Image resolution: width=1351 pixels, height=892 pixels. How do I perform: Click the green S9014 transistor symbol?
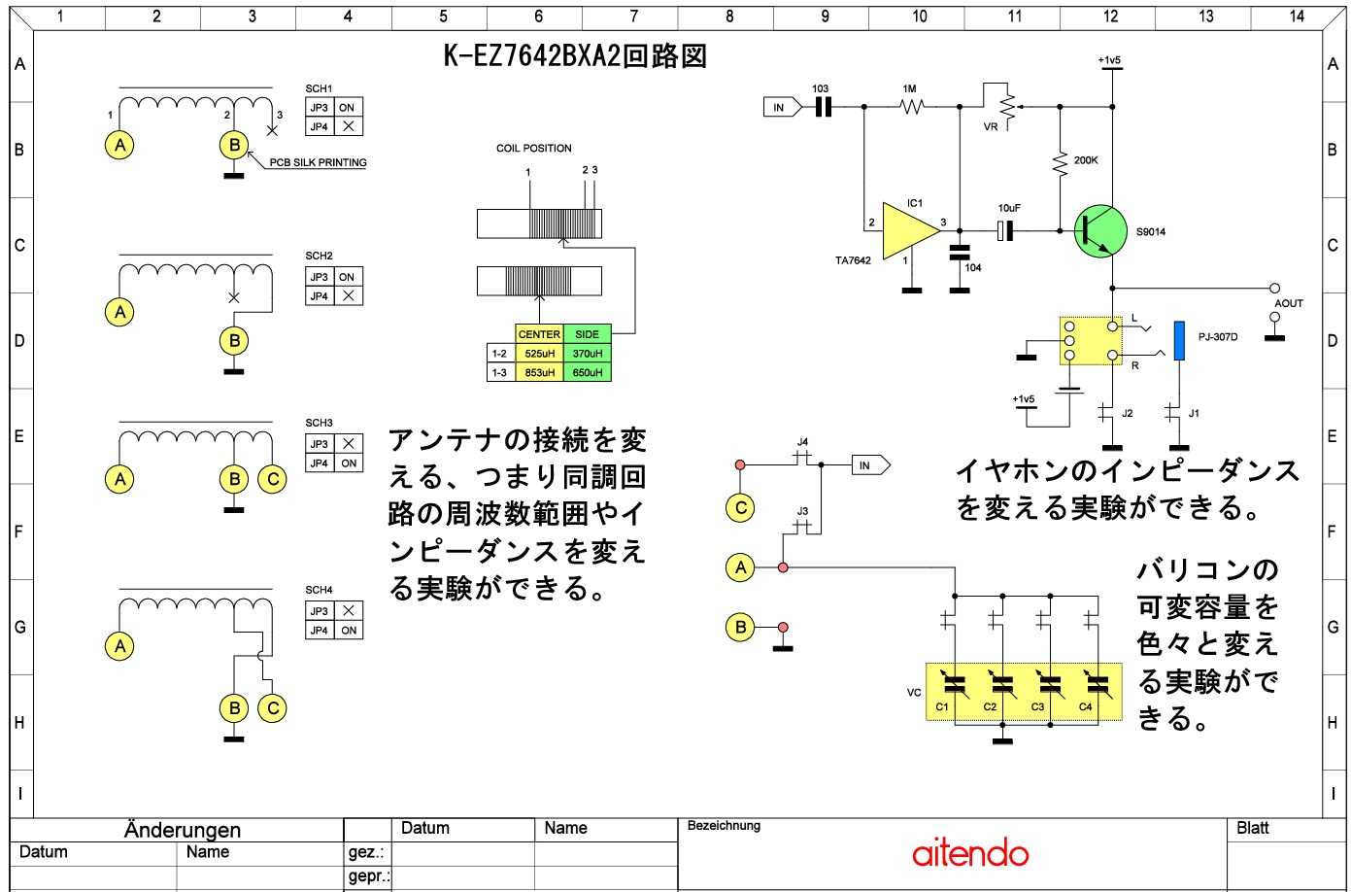(x=1100, y=231)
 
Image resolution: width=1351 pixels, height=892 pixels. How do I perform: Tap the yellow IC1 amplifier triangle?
(x=908, y=231)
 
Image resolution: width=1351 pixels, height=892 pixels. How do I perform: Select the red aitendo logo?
(x=970, y=853)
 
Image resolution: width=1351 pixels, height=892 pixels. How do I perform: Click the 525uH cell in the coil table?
(x=539, y=353)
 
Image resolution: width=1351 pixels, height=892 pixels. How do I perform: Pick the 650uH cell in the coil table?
(x=588, y=372)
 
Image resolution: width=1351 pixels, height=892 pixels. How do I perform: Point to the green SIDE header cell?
(x=588, y=333)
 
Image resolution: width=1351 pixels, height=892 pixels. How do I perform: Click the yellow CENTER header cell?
(x=539, y=333)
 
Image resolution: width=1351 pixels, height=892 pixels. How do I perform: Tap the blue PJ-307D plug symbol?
(x=1179, y=341)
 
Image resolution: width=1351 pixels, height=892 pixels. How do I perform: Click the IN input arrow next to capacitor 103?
(x=782, y=108)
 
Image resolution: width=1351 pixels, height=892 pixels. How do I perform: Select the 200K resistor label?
(x=1086, y=160)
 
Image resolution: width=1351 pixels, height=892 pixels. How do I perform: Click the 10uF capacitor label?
(x=1009, y=208)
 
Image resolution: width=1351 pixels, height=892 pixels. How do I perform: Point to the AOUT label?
(x=1288, y=303)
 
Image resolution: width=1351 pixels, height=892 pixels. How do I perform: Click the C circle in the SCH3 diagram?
(x=273, y=479)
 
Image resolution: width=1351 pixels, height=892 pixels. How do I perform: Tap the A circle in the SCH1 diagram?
(x=120, y=145)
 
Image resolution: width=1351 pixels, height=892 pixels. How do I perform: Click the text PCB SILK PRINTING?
(x=318, y=162)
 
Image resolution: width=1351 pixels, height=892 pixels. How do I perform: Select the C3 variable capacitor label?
(x=1037, y=706)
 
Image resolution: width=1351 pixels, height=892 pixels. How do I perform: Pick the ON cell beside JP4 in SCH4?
(x=349, y=630)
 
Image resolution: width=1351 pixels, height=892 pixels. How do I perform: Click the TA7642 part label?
(x=853, y=260)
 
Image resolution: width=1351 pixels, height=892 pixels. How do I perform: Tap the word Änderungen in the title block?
(x=183, y=830)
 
